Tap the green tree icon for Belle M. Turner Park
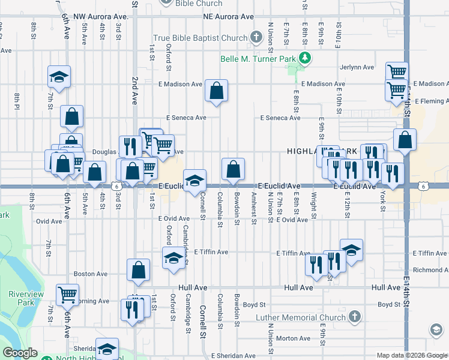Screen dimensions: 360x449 point(306,58)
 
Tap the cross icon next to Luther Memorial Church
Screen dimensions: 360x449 point(355,317)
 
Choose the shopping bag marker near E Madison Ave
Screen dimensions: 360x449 point(216,91)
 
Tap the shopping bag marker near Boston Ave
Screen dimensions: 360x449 point(139,270)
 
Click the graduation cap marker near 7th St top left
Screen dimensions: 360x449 point(59,76)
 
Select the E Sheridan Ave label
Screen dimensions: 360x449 point(232,356)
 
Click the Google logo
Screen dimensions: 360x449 point(20,353)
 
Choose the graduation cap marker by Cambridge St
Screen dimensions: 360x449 point(173,258)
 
